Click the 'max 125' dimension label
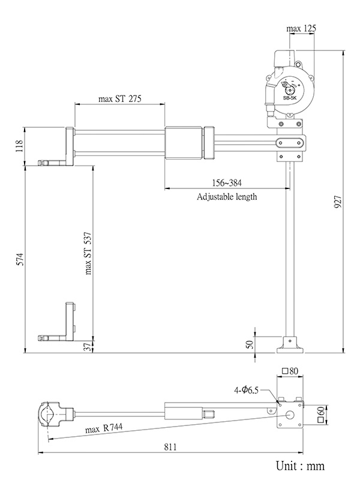pos(301,28)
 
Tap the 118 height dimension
pos(19,146)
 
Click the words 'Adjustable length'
pos(227,196)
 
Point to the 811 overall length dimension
pos(173,447)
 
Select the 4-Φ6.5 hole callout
pos(246,389)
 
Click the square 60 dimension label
pos(322,415)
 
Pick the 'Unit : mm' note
pos(300,466)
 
